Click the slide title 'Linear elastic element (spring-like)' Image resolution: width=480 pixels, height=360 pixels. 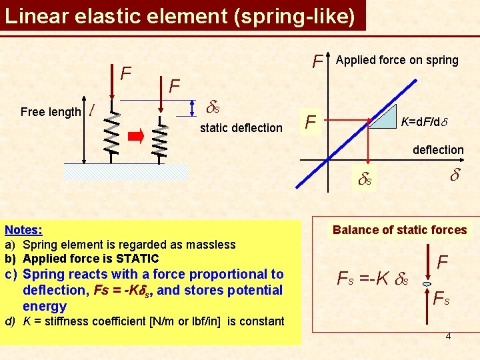tap(180, 15)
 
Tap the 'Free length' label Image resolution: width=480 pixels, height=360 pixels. tap(50, 112)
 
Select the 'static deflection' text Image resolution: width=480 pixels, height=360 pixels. tap(241, 127)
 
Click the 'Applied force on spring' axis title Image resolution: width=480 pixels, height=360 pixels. tap(397, 60)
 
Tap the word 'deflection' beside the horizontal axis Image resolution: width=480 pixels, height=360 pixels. tap(438, 150)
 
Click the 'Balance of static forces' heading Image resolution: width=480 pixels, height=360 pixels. tap(399, 230)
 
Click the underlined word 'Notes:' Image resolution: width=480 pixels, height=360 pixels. tap(23, 230)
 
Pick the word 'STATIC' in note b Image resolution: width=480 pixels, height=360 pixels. tap(137, 258)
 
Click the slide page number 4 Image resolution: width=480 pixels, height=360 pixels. tap(448, 335)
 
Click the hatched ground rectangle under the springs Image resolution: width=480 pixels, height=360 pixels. tap(126, 172)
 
